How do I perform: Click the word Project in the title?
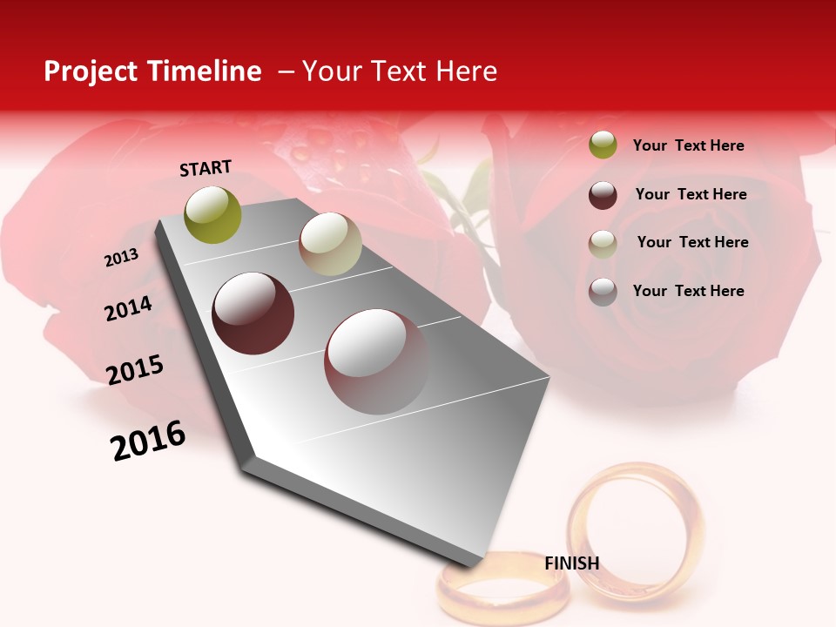[91, 71]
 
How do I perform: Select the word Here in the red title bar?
[466, 71]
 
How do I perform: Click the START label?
[206, 168]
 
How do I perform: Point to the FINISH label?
[572, 563]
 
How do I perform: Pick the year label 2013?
[122, 258]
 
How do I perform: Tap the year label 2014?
[128, 309]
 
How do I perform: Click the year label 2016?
[149, 440]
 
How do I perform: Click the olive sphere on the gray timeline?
[213, 215]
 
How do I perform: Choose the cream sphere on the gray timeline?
[330, 244]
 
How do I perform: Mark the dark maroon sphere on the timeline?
[253, 313]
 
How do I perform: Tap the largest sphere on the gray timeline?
[377, 361]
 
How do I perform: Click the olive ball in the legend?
[603, 145]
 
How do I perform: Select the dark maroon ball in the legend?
[603, 195]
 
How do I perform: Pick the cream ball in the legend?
[603, 243]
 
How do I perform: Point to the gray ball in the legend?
[603, 292]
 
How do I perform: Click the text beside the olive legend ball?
[688, 145]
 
